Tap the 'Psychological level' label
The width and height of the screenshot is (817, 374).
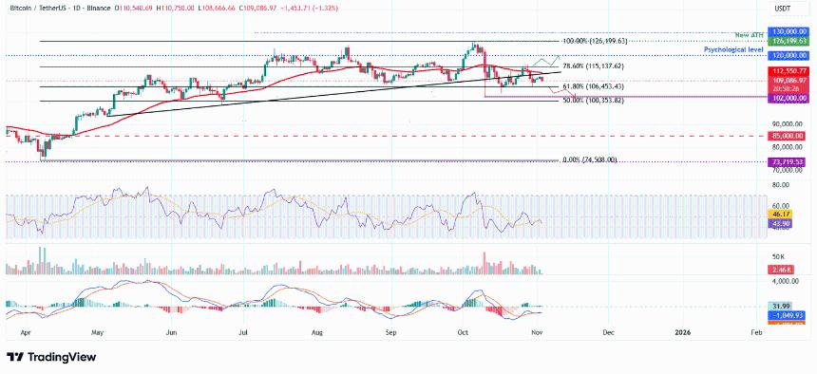(734, 47)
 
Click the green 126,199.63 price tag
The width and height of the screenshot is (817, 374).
(789, 42)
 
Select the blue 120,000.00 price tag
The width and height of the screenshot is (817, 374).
(789, 57)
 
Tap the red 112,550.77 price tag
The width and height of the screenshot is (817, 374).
(789, 71)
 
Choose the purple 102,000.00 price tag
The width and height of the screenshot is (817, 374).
(789, 97)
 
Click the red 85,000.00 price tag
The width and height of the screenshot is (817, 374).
(789, 136)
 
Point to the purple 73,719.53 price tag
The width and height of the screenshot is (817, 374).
(789, 162)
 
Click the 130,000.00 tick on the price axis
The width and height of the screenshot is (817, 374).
(789, 31)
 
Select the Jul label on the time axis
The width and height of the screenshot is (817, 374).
(244, 333)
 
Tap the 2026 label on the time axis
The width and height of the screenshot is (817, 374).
(682, 333)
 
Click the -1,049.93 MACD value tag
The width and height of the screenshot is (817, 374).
(789, 314)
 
